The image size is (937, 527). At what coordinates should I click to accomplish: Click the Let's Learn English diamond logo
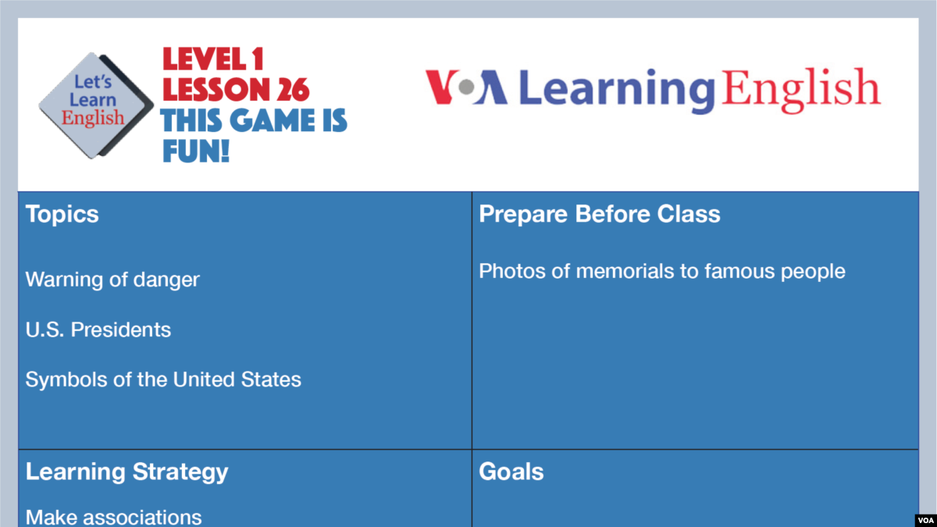coord(95,105)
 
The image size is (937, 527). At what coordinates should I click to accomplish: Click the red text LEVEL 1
coord(212,59)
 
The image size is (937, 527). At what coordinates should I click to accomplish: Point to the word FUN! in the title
coord(195,151)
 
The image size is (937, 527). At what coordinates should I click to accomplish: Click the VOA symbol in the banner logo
coord(466,87)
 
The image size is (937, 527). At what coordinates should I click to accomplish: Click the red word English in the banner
coord(801,88)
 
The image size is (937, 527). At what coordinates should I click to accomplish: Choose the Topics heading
coord(62,214)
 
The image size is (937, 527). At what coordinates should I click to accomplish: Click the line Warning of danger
coord(112,280)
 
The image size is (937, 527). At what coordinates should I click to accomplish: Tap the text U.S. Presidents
coord(98,329)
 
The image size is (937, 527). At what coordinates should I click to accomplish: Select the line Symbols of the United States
coord(163,379)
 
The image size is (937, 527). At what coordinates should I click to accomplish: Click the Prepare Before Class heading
coord(600,214)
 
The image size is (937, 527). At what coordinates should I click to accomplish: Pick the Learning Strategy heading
coord(126,472)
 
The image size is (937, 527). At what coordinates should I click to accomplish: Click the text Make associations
coord(114,516)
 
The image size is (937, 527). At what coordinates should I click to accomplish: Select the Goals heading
coord(511,472)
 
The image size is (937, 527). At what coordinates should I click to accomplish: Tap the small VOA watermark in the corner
coord(925,519)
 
